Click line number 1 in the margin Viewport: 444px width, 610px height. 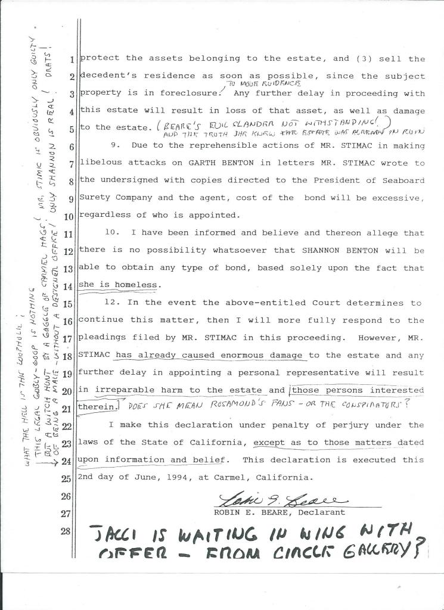(x=71, y=60)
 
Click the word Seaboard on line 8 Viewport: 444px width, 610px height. (x=400, y=180)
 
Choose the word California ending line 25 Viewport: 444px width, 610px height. (x=282, y=478)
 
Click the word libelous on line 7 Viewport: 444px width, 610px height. (x=101, y=163)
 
